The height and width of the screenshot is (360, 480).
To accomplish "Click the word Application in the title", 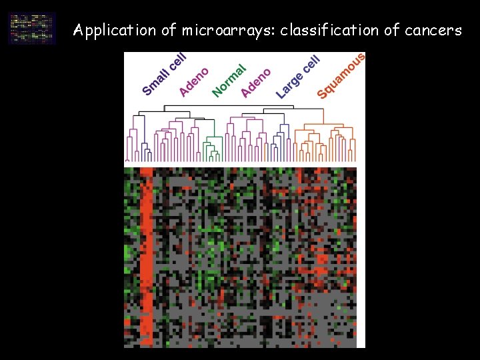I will pos(105,31).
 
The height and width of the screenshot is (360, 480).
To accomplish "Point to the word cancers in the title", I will pos(433,31).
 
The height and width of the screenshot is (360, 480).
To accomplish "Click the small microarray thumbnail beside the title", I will pos(32,28).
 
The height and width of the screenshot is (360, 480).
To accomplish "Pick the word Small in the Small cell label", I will pos(155,81).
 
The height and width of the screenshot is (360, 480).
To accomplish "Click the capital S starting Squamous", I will pos(322,93).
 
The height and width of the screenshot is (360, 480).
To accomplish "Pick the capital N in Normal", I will pos(217,91).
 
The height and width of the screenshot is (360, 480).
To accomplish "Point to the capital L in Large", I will pos(281,93).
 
